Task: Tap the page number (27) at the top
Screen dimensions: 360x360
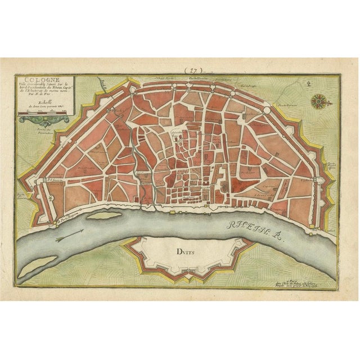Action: (196, 70)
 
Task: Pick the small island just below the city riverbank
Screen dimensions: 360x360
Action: (105, 215)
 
